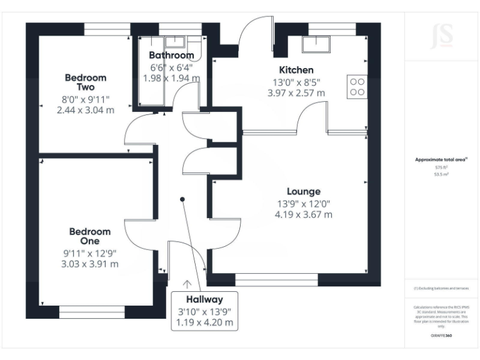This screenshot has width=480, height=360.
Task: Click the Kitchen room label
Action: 296,70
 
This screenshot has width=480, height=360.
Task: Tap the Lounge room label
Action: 303,191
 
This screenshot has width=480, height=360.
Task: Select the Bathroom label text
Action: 171,56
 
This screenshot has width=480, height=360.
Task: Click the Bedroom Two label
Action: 86,82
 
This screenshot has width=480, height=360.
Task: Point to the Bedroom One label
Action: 90,236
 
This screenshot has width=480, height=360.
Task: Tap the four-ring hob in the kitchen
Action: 357,86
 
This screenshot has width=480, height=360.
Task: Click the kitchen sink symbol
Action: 316,44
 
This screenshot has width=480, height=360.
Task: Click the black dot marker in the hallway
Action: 182,199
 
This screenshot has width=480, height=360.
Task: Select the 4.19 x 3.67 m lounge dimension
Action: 303,214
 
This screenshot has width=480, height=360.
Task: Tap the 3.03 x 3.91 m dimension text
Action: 90,264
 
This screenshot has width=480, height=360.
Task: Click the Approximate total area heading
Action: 441,160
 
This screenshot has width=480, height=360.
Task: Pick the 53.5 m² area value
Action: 441,175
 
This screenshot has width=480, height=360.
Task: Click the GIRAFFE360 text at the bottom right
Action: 441,336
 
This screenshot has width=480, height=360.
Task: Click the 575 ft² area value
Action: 441,167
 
